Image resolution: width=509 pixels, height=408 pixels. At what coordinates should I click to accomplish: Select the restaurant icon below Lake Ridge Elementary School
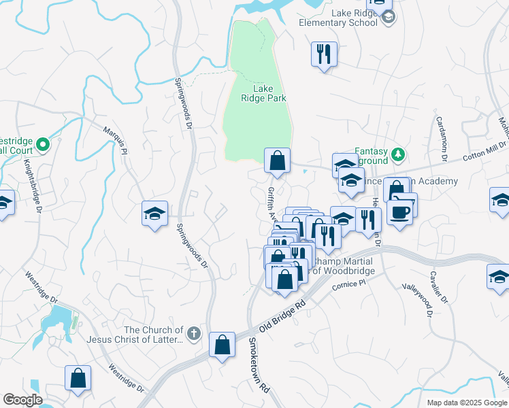tap(323, 54)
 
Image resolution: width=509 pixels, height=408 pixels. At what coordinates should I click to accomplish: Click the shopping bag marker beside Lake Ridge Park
tap(277, 161)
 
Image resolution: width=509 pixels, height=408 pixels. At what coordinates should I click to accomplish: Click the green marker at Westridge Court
tap(42, 144)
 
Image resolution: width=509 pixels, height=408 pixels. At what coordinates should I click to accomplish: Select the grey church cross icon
tap(194, 333)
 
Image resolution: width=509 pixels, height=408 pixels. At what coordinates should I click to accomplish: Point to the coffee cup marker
tap(399, 211)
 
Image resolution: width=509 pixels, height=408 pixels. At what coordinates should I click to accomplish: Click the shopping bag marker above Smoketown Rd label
tap(222, 345)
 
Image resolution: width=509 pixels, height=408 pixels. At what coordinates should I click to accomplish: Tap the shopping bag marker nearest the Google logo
tap(78, 379)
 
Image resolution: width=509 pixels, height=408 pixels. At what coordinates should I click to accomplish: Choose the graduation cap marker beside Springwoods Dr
tap(154, 214)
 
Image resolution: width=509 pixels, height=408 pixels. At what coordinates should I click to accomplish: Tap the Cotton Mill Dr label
tap(484, 150)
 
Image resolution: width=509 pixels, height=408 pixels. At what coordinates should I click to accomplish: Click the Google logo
tap(22, 400)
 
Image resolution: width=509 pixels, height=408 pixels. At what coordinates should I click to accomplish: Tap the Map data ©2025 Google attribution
tap(467, 403)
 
